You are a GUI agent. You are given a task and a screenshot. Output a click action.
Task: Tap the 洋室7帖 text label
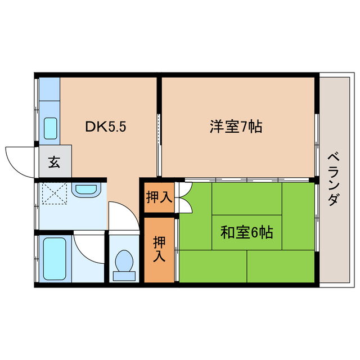point(236,127)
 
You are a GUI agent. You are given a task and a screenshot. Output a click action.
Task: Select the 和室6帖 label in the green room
point(246,231)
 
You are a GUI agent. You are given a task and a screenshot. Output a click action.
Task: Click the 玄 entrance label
point(54,163)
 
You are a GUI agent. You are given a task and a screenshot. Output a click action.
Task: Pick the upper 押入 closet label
point(160,197)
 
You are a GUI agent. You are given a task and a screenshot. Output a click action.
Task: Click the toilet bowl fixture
point(124,262)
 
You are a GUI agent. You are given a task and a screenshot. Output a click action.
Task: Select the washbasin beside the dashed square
point(85,190)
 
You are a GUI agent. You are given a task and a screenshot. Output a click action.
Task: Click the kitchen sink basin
point(51,129)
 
